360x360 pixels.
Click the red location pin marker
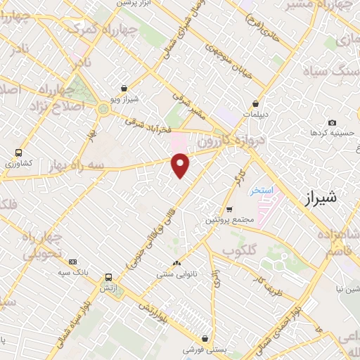(181, 165)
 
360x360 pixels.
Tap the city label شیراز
(321, 198)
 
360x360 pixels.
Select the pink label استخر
(261, 191)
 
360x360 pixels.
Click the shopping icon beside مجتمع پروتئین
(229, 209)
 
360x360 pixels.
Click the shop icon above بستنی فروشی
(205, 337)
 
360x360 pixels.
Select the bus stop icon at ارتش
(108, 277)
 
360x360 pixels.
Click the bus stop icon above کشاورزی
(18, 152)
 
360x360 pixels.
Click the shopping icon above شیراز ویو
(124, 89)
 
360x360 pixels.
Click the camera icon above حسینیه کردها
(332, 122)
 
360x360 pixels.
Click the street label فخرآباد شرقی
(150, 125)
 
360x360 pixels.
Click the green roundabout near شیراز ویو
(104, 108)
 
